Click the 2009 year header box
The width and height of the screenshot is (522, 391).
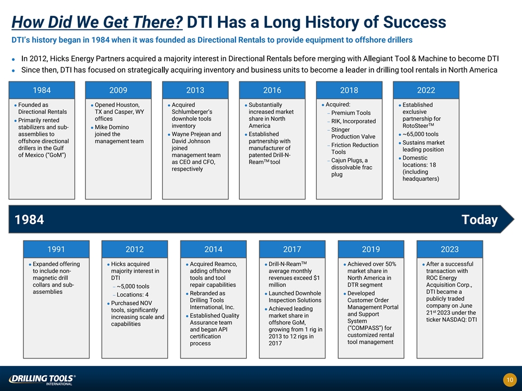tap(118, 90)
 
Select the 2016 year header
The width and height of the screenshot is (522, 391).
tap(272, 90)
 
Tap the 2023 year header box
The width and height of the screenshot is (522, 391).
tap(450, 249)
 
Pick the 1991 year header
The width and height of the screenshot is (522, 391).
tap(56, 249)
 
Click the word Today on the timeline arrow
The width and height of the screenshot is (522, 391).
tap(480, 219)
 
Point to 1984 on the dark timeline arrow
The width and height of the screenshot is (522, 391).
tap(29, 219)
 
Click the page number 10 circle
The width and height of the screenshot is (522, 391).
tap(509, 380)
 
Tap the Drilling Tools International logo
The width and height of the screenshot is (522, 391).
tap(42, 380)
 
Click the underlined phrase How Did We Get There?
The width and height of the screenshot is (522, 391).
tap(97, 22)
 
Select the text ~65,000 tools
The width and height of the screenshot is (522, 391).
tap(420, 134)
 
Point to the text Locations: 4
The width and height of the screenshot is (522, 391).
tap(133, 294)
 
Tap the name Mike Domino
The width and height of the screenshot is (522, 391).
tap(112, 127)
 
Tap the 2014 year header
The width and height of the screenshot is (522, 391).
tap(213, 249)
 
